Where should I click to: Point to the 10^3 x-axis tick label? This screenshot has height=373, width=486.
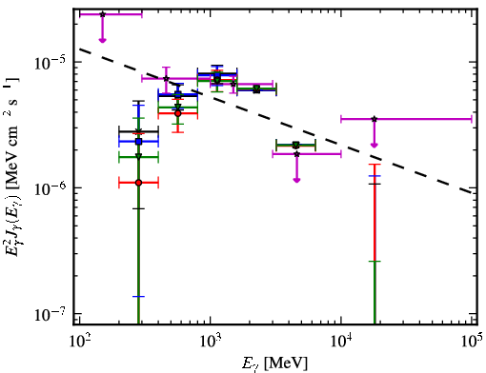tap(211, 342)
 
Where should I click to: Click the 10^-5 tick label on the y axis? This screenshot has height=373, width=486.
tap(51, 62)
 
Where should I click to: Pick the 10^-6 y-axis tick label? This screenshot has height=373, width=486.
tap(51, 188)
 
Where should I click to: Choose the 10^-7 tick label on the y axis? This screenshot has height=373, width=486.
tap(51, 314)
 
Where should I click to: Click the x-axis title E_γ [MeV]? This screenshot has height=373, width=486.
tap(274, 363)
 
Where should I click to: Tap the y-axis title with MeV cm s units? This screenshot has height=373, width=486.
tap(12, 166)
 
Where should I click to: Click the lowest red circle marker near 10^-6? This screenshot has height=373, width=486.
tap(138, 183)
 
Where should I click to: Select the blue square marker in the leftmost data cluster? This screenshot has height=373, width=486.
tap(138, 142)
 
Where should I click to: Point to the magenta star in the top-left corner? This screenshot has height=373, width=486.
tap(102, 14)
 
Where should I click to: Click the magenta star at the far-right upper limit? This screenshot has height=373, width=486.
tap(375, 119)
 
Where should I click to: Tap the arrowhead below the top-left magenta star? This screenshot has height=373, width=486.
tap(102, 40)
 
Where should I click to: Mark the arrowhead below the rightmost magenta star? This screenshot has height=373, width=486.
tap(375, 145)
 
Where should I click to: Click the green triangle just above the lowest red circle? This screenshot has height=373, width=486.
tap(138, 156)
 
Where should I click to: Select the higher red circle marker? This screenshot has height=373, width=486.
tap(178, 113)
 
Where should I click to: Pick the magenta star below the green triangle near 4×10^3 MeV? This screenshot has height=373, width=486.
tap(296, 154)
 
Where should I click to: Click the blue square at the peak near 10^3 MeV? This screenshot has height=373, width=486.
tap(217, 75)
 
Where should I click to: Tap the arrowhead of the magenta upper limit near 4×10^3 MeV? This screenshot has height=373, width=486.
tap(296, 180)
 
